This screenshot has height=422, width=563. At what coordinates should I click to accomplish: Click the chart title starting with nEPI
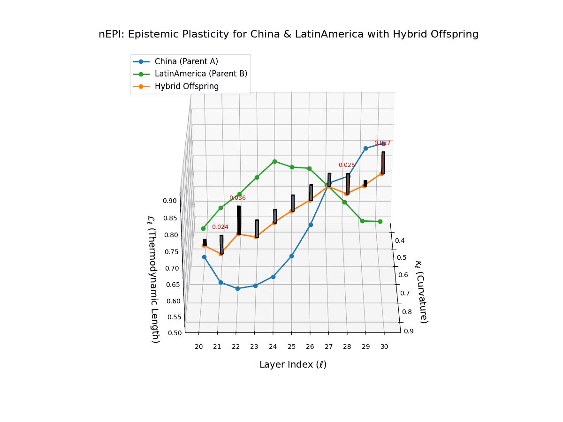289,34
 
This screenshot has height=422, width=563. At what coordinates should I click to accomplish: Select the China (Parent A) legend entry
186,61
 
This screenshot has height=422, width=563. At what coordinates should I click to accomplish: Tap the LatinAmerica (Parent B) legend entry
201,74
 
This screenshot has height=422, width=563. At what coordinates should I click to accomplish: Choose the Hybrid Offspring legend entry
187,86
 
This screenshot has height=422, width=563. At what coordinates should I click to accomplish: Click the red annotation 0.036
237,198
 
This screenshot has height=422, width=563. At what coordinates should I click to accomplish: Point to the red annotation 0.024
220,227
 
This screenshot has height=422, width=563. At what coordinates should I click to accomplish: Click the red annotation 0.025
347,165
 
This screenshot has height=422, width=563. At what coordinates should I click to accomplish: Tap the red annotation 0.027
382,143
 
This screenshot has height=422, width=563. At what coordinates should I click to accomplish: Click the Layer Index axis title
293,365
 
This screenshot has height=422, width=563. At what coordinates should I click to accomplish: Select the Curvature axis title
420,291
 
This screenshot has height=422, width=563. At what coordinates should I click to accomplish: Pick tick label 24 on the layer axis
273,347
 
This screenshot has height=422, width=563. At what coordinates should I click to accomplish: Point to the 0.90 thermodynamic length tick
170,201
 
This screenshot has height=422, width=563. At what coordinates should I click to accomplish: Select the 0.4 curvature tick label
400,241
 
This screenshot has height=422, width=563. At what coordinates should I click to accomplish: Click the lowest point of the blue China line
237,288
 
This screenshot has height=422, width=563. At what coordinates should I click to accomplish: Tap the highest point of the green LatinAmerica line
274,161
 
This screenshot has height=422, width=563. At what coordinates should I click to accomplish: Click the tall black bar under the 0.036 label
239,220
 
